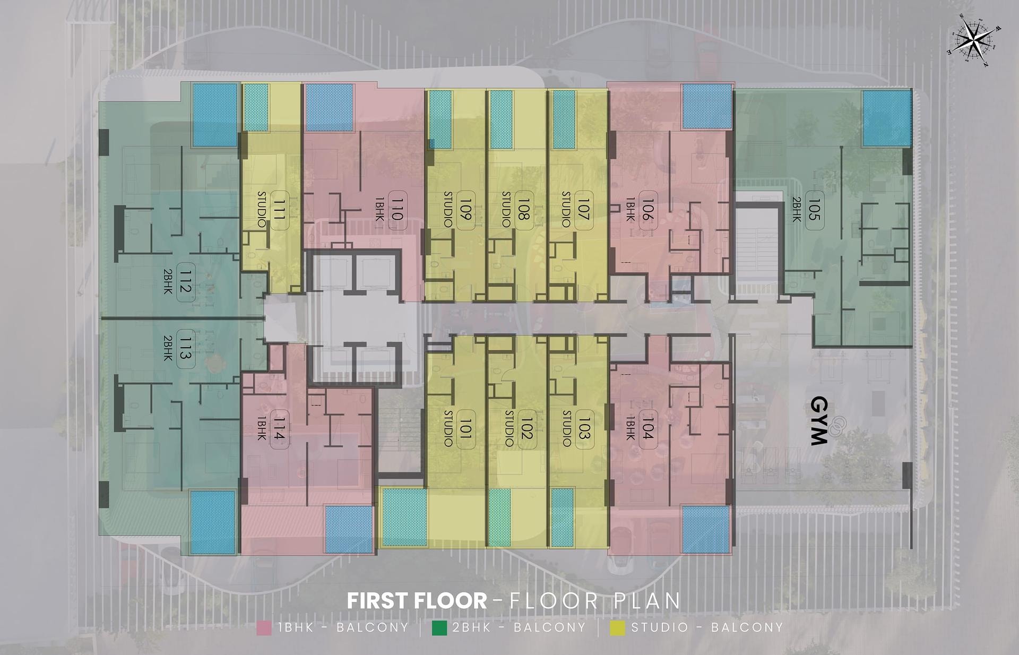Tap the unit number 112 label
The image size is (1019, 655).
click(184, 281)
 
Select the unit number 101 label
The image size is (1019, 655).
click(465, 429)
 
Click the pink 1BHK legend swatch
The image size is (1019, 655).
click(264, 627)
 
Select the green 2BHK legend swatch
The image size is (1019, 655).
click(439, 627)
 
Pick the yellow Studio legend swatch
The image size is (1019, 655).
click(617, 627)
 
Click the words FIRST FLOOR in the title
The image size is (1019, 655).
click(417, 601)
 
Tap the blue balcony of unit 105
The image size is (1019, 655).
click(885, 118)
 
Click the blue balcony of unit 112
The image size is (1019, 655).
click(214, 115)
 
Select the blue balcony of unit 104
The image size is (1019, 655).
click(705, 529)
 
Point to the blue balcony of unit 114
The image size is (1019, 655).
click(349, 529)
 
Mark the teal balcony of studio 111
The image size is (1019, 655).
click(256, 107)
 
